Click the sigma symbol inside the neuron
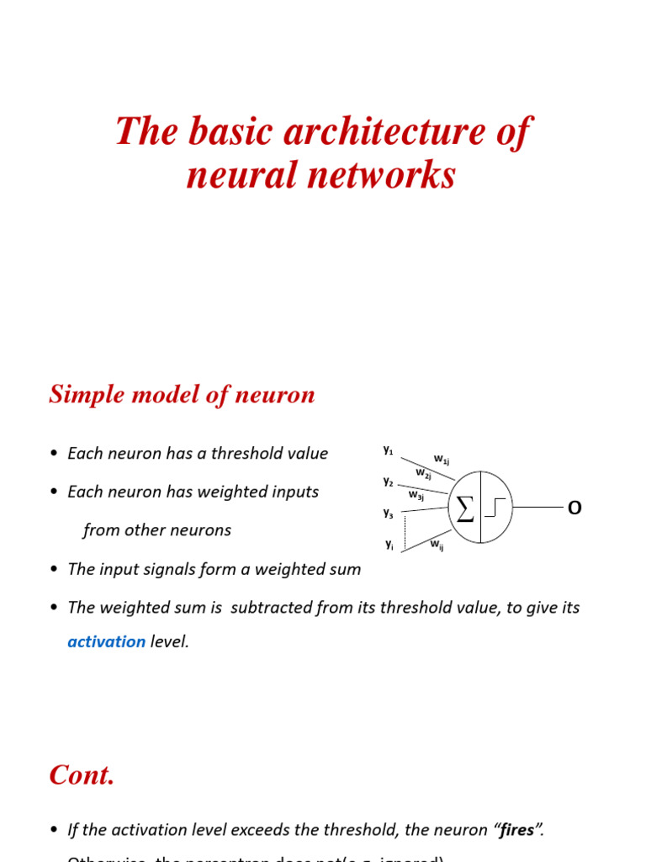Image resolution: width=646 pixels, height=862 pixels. (x=464, y=508)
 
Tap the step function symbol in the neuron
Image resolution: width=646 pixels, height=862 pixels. (x=495, y=508)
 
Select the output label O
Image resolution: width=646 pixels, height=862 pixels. (x=575, y=508)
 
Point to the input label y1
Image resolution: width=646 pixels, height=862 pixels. (x=388, y=450)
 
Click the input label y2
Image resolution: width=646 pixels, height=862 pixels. (x=388, y=482)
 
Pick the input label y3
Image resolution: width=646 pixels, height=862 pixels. (x=388, y=512)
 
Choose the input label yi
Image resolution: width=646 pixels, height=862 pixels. (x=389, y=544)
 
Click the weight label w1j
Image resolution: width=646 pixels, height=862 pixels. (x=441, y=459)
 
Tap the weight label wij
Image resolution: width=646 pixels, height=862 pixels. (x=437, y=545)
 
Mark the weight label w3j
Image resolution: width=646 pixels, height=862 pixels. (x=416, y=496)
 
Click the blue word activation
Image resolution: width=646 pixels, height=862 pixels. (x=107, y=641)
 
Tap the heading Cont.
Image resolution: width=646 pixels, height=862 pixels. (x=82, y=774)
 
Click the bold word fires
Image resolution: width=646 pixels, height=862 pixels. (x=516, y=830)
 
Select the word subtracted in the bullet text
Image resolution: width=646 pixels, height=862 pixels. (x=279, y=607)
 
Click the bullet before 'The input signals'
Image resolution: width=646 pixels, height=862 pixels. (x=55, y=570)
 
